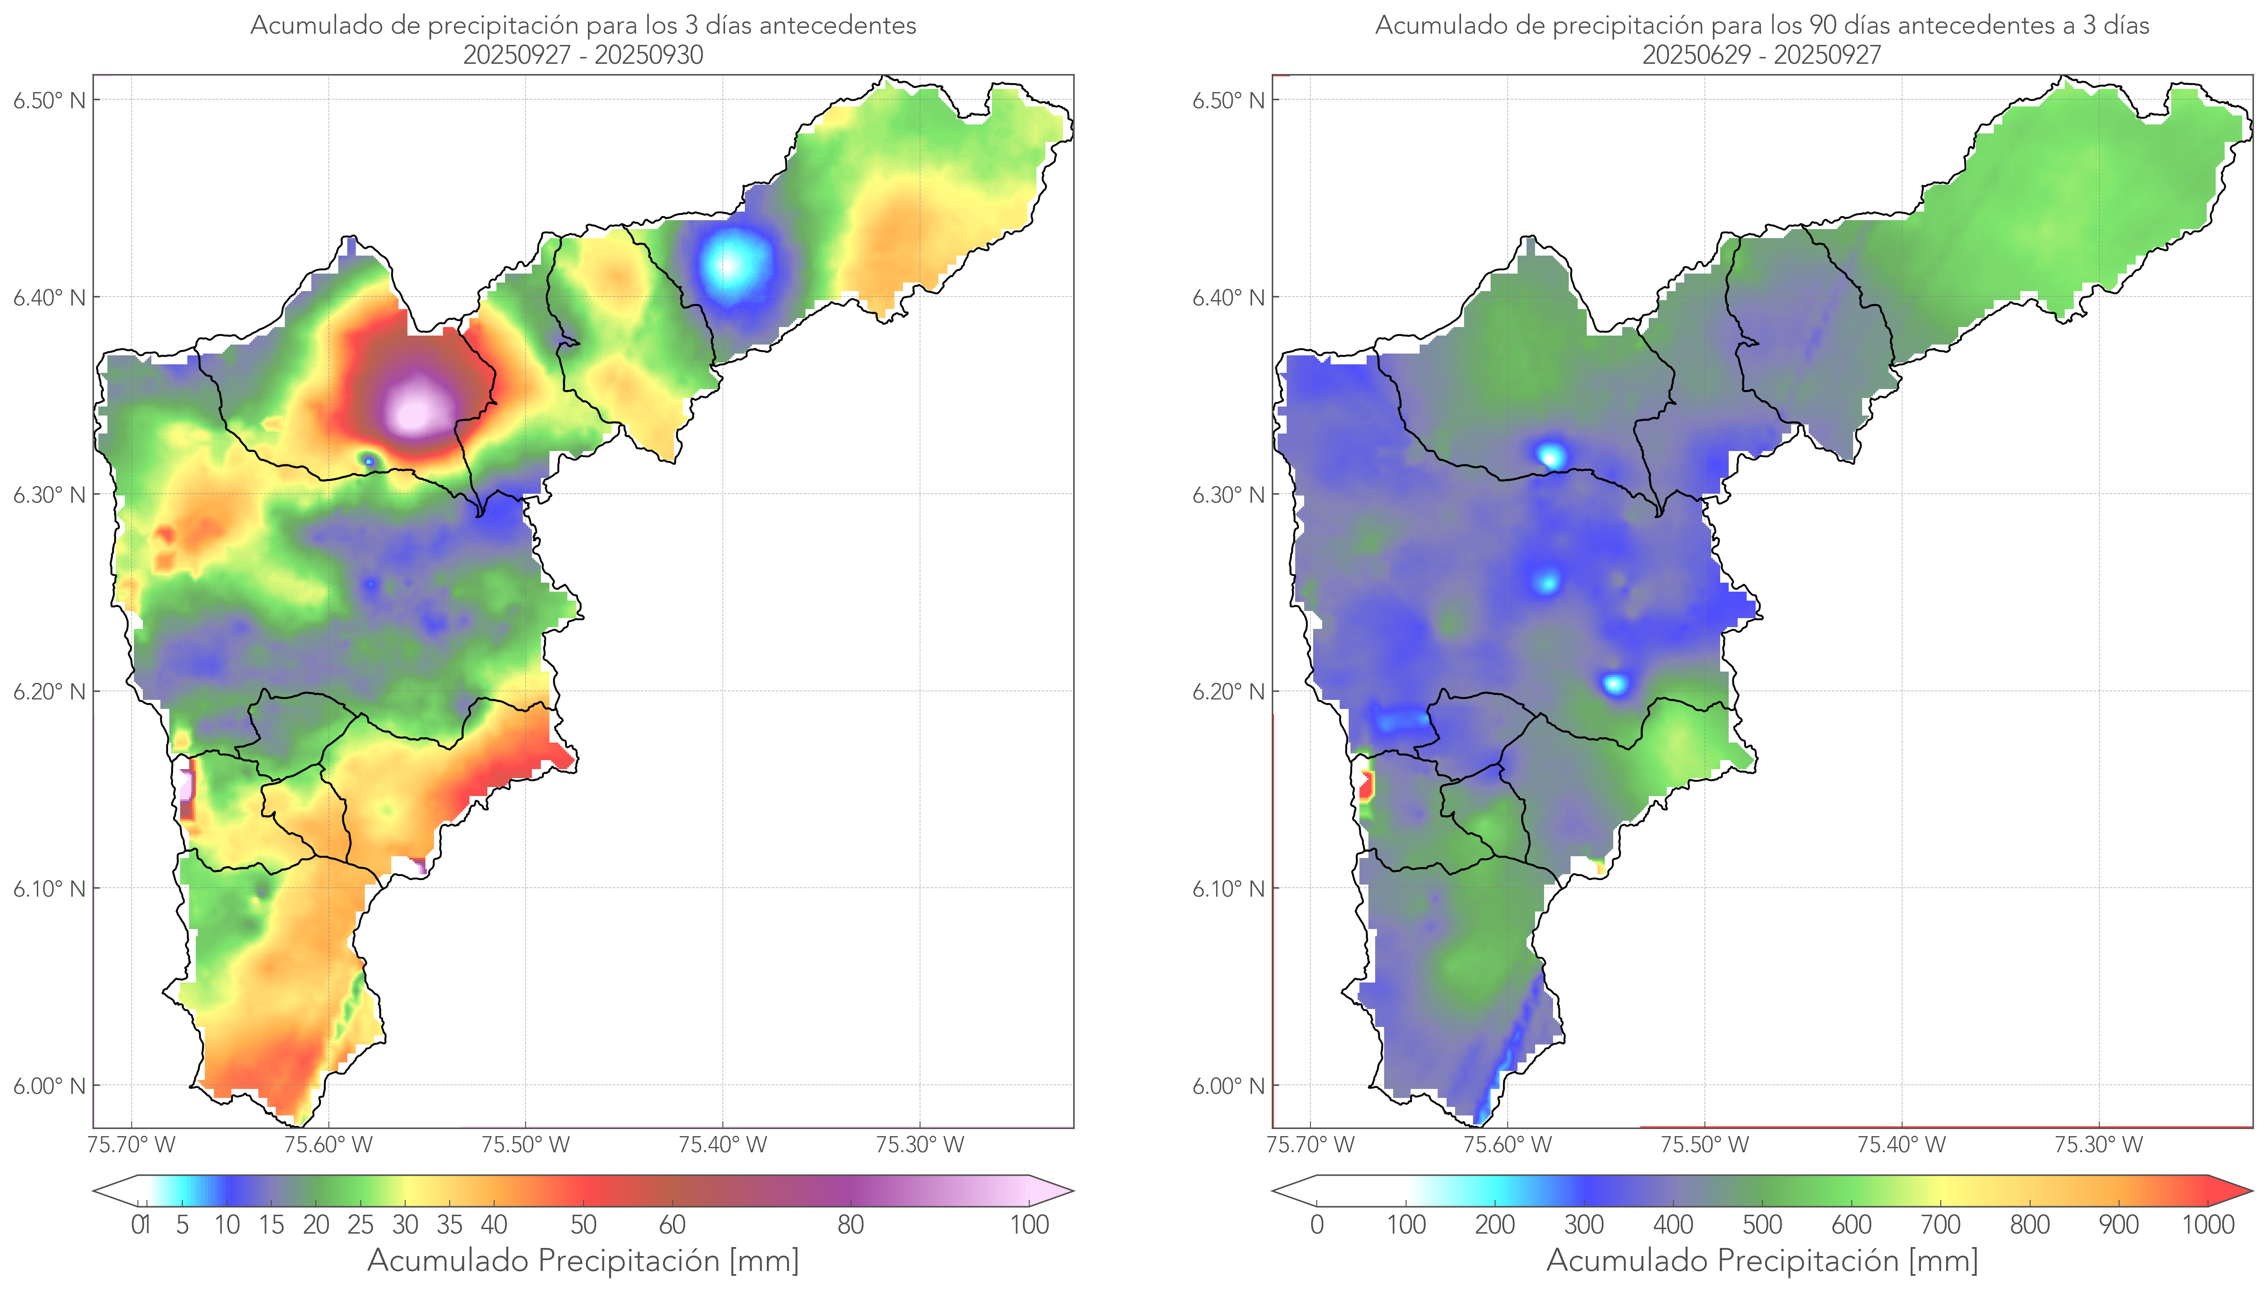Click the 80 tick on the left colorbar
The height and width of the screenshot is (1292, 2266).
pos(850,1225)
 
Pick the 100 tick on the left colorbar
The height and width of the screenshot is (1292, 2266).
pos(1029,1225)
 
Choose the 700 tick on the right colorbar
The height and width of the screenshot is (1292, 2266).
pos(1940,1225)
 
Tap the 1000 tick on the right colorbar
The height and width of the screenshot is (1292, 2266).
pos(2208,1225)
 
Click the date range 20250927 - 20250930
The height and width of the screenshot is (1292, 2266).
pos(583,55)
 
